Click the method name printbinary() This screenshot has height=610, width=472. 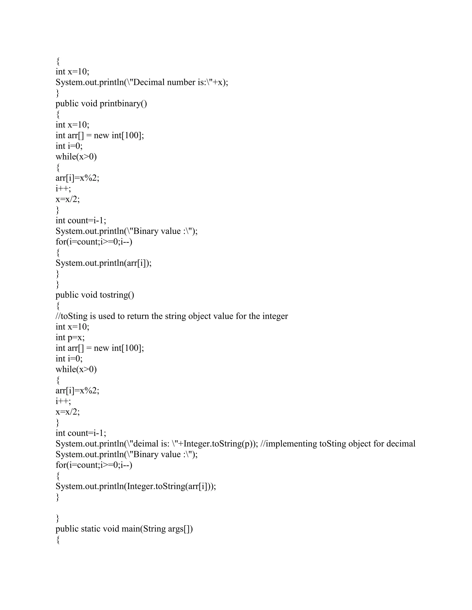[x=123, y=104]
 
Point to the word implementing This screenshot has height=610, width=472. [x=291, y=444]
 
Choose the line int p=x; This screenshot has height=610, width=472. [x=70, y=337]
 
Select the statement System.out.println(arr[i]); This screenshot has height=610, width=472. [x=103, y=263]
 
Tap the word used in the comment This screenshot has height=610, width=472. [x=107, y=316]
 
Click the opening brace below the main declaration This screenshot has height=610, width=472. [x=58, y=540]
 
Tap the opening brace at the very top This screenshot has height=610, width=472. [x=58, y=61]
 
